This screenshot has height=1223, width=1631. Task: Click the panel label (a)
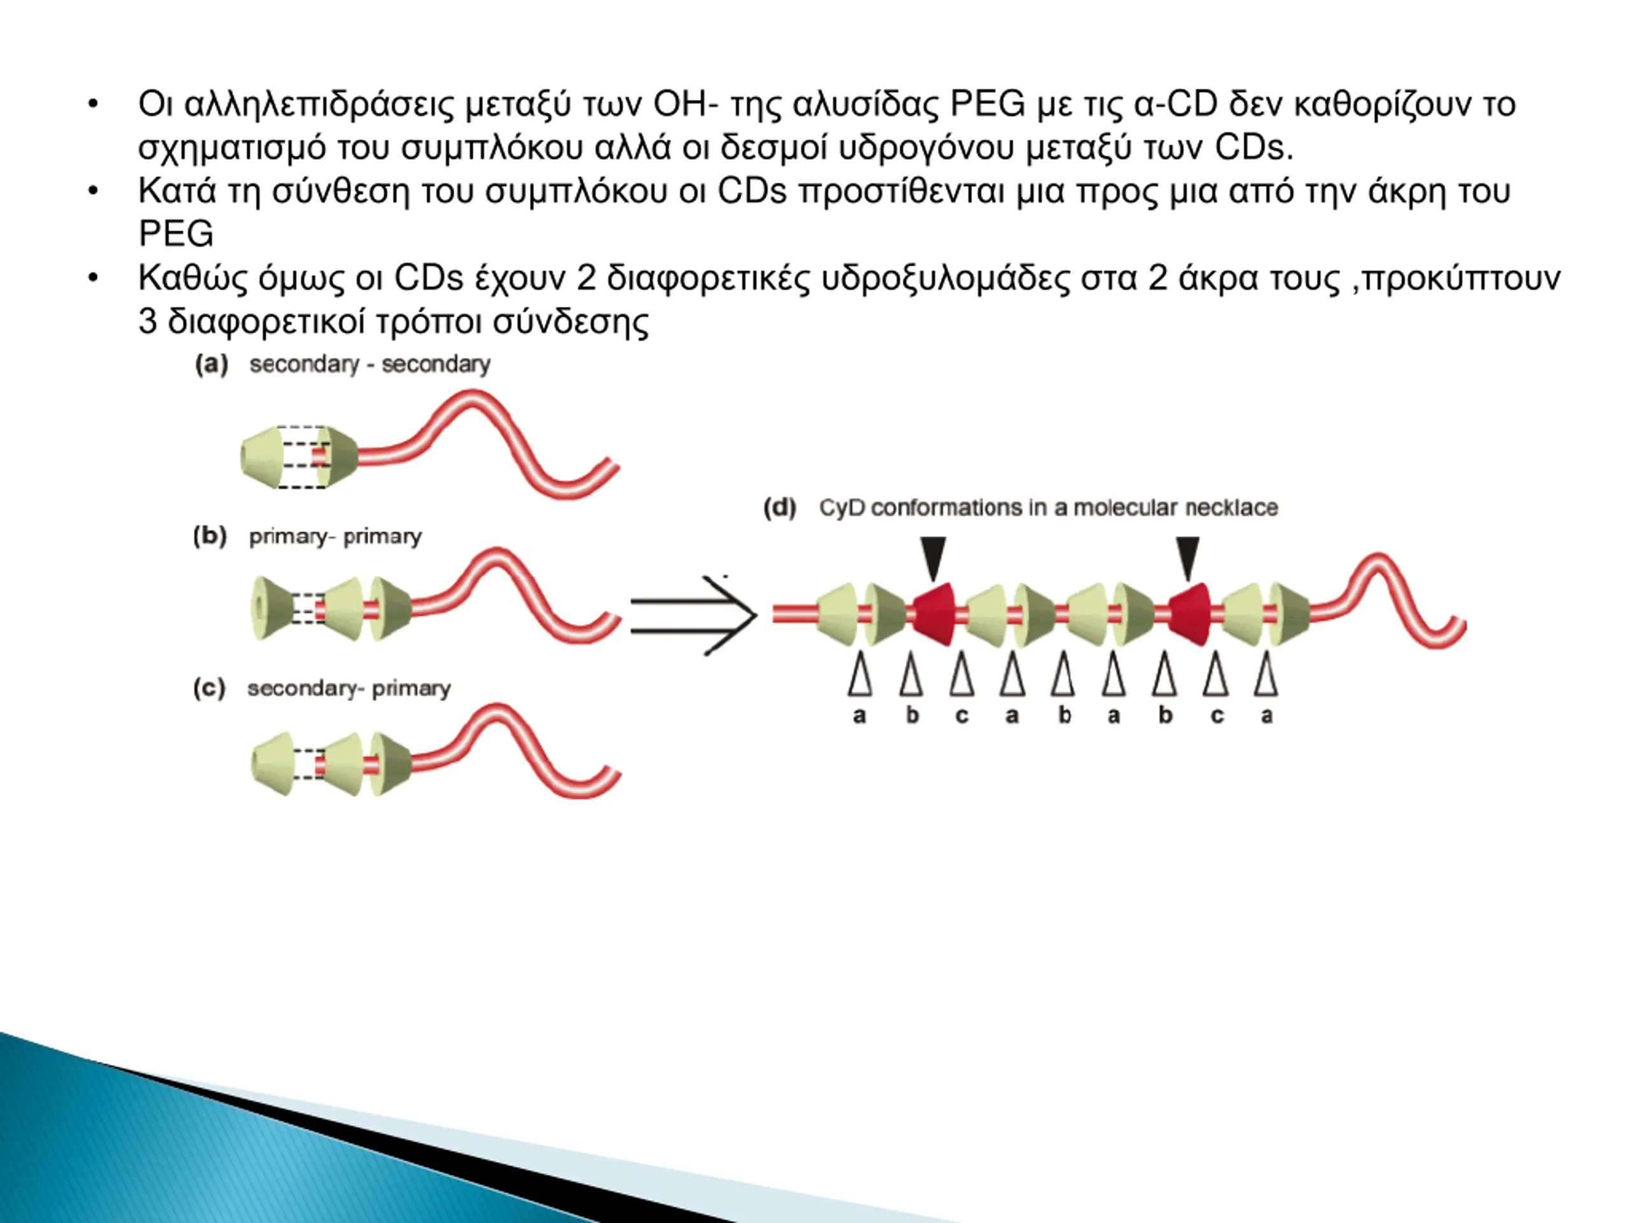212,364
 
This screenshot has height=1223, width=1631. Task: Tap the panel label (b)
210,535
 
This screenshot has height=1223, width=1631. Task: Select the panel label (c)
210,688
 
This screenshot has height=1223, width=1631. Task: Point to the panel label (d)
780,507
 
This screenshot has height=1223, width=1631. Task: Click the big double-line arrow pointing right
693,615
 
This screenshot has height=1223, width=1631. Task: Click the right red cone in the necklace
1189,614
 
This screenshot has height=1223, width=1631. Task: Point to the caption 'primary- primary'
336,537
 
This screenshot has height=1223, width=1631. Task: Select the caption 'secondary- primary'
348,689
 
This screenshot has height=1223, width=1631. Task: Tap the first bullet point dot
93,104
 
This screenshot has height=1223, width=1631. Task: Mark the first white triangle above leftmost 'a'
859,674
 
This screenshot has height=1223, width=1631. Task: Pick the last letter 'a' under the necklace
1267,715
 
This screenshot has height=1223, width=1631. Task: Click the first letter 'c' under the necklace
961,715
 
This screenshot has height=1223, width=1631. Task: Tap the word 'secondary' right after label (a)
304,364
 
